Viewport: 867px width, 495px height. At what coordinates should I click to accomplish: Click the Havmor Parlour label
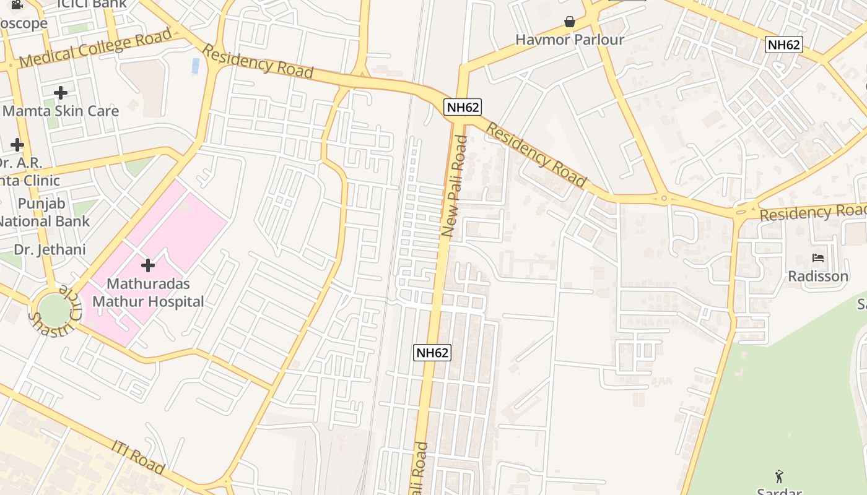click(x=570, y=40)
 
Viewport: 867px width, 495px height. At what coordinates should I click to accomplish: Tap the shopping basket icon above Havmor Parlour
click(x=570, y=22)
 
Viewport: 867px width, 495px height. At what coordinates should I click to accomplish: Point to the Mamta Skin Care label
click(x=61, y=111)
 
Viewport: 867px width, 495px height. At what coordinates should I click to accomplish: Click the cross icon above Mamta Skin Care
click(x=61, y=93)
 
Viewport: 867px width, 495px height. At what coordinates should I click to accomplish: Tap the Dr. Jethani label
click(x=50, y=250)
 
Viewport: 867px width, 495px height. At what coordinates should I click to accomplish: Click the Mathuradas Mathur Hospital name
click(x=148, y=293)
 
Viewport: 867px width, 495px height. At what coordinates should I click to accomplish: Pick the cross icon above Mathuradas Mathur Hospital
click(x=148, y=265)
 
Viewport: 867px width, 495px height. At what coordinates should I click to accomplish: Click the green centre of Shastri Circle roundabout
click(x=54, y=309)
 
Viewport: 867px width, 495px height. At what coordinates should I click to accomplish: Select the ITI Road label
click(x=138, y=456)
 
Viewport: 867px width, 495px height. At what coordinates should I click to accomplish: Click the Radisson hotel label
click(x=817, y=276)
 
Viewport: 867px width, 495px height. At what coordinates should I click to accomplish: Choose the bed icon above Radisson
click(x=817, y=258)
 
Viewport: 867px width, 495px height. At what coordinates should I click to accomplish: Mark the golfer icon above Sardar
click(x=779, y=476)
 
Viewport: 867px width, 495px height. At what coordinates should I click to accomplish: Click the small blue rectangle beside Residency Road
click(x=196, y=66)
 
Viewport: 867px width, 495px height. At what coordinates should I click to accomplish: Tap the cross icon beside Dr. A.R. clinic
click(x=17, y=145)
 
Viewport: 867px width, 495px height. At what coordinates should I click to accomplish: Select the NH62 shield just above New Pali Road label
click(x=463, y=107)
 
